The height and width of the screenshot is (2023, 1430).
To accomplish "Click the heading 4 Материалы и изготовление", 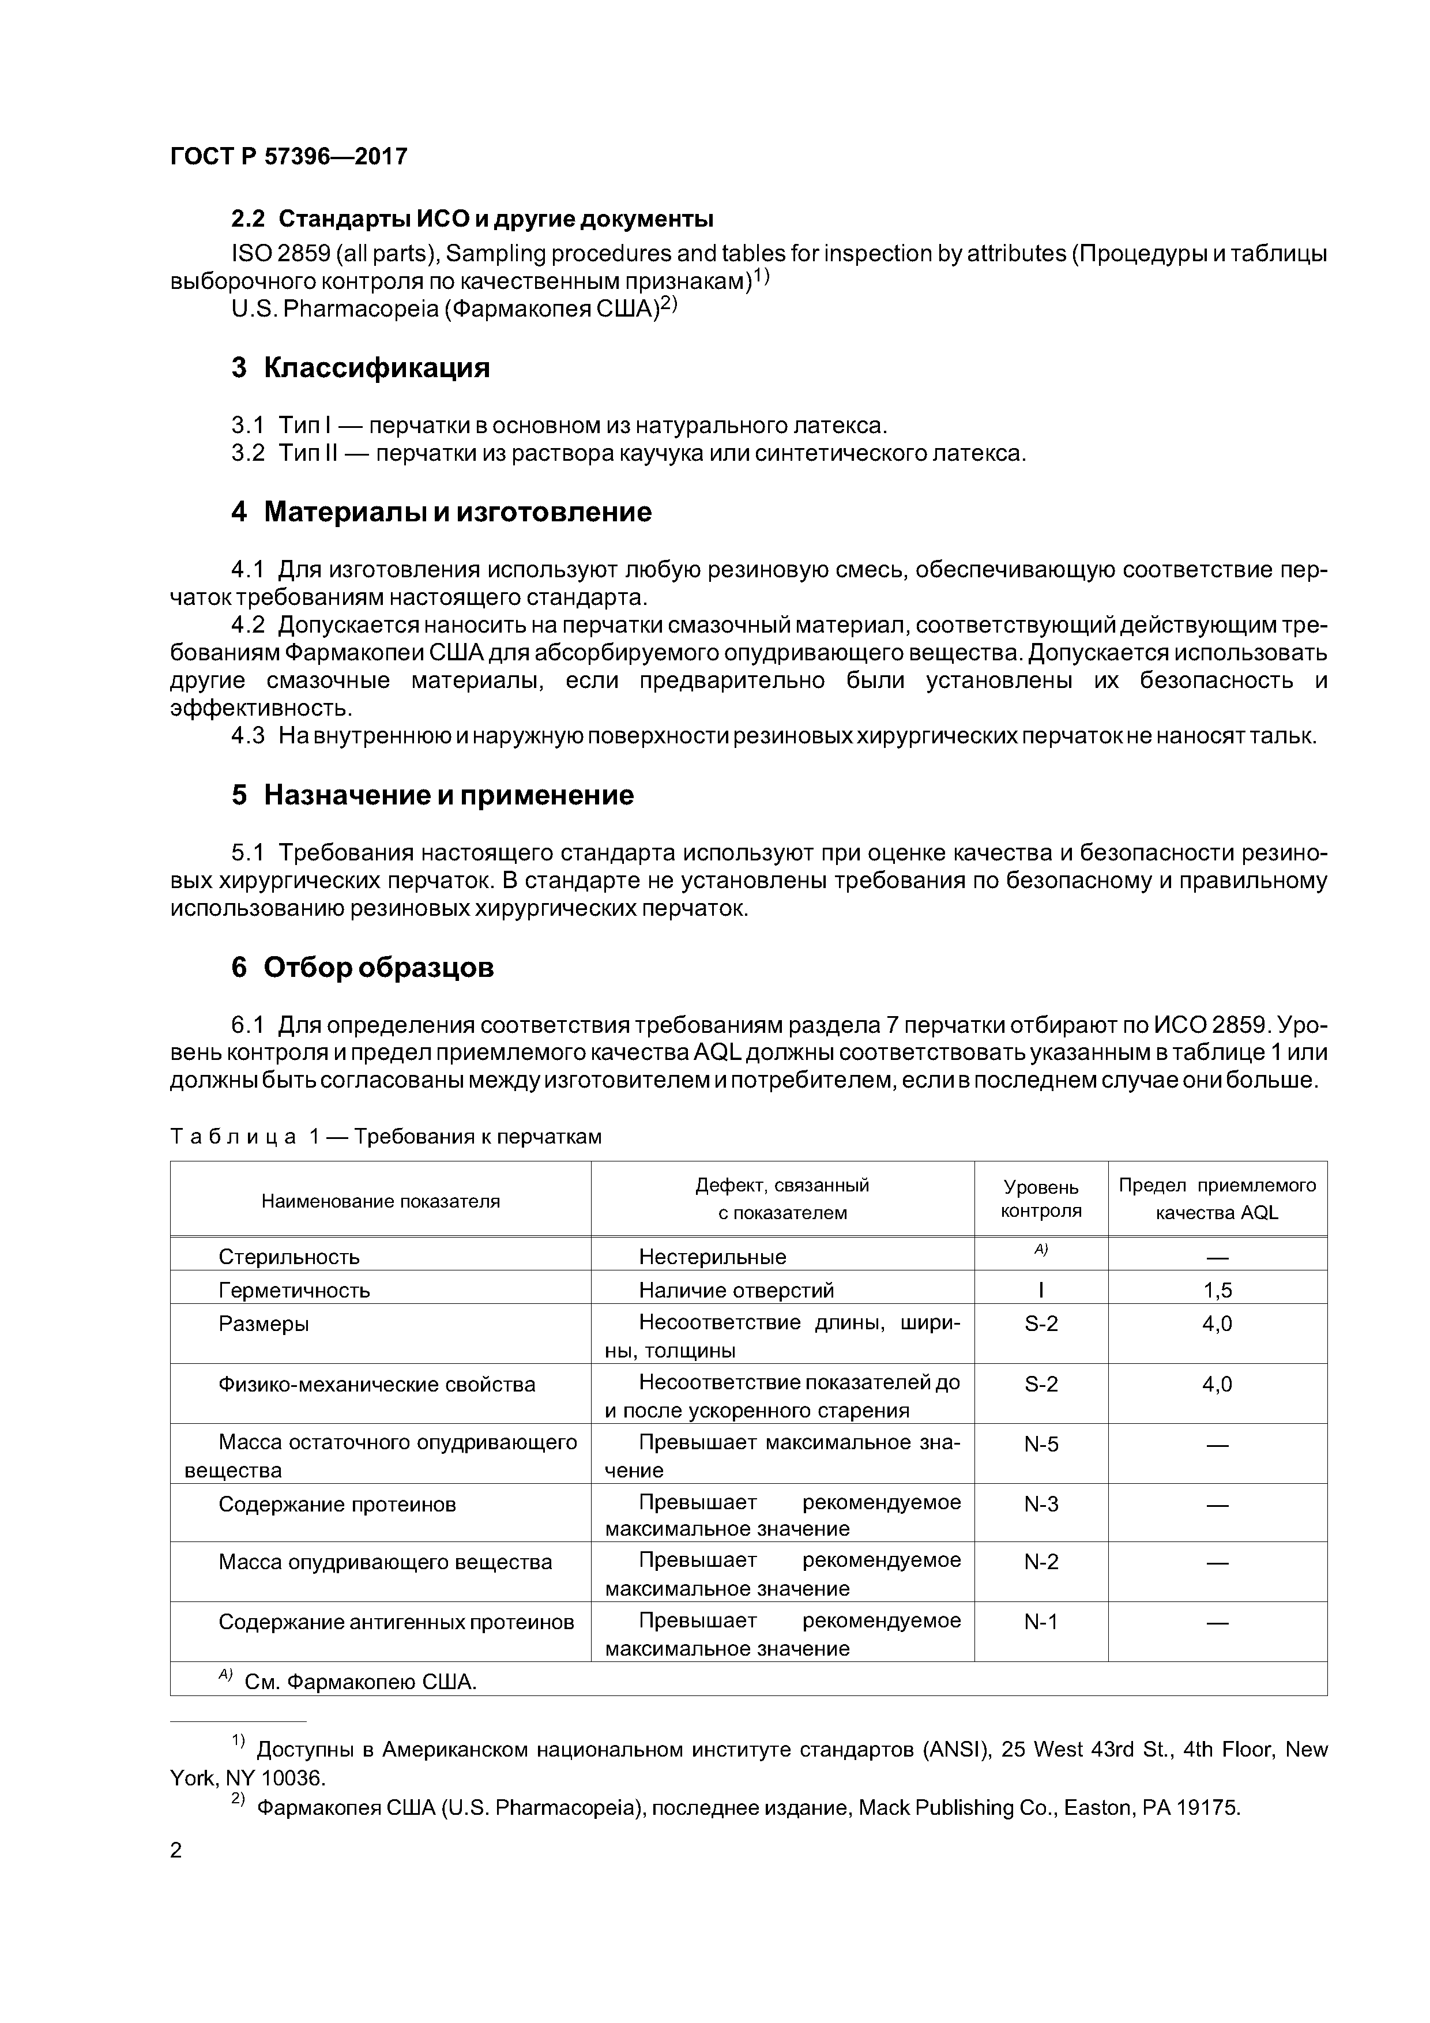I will (x=442, y=512).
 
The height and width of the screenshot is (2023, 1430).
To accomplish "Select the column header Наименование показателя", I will (x=380, y=1201).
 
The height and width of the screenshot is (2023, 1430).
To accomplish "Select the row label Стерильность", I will (x=289, y=1257).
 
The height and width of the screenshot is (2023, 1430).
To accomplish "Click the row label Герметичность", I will (x=294, y=1291).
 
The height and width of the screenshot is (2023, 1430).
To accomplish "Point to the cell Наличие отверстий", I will (x=736, y=1291).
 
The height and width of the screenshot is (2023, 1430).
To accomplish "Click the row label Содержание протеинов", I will (x=337, y=1504).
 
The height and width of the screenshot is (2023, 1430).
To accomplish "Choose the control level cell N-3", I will (x=1041, y=1504).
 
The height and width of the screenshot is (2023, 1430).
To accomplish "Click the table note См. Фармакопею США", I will (x=359, y=1682).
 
